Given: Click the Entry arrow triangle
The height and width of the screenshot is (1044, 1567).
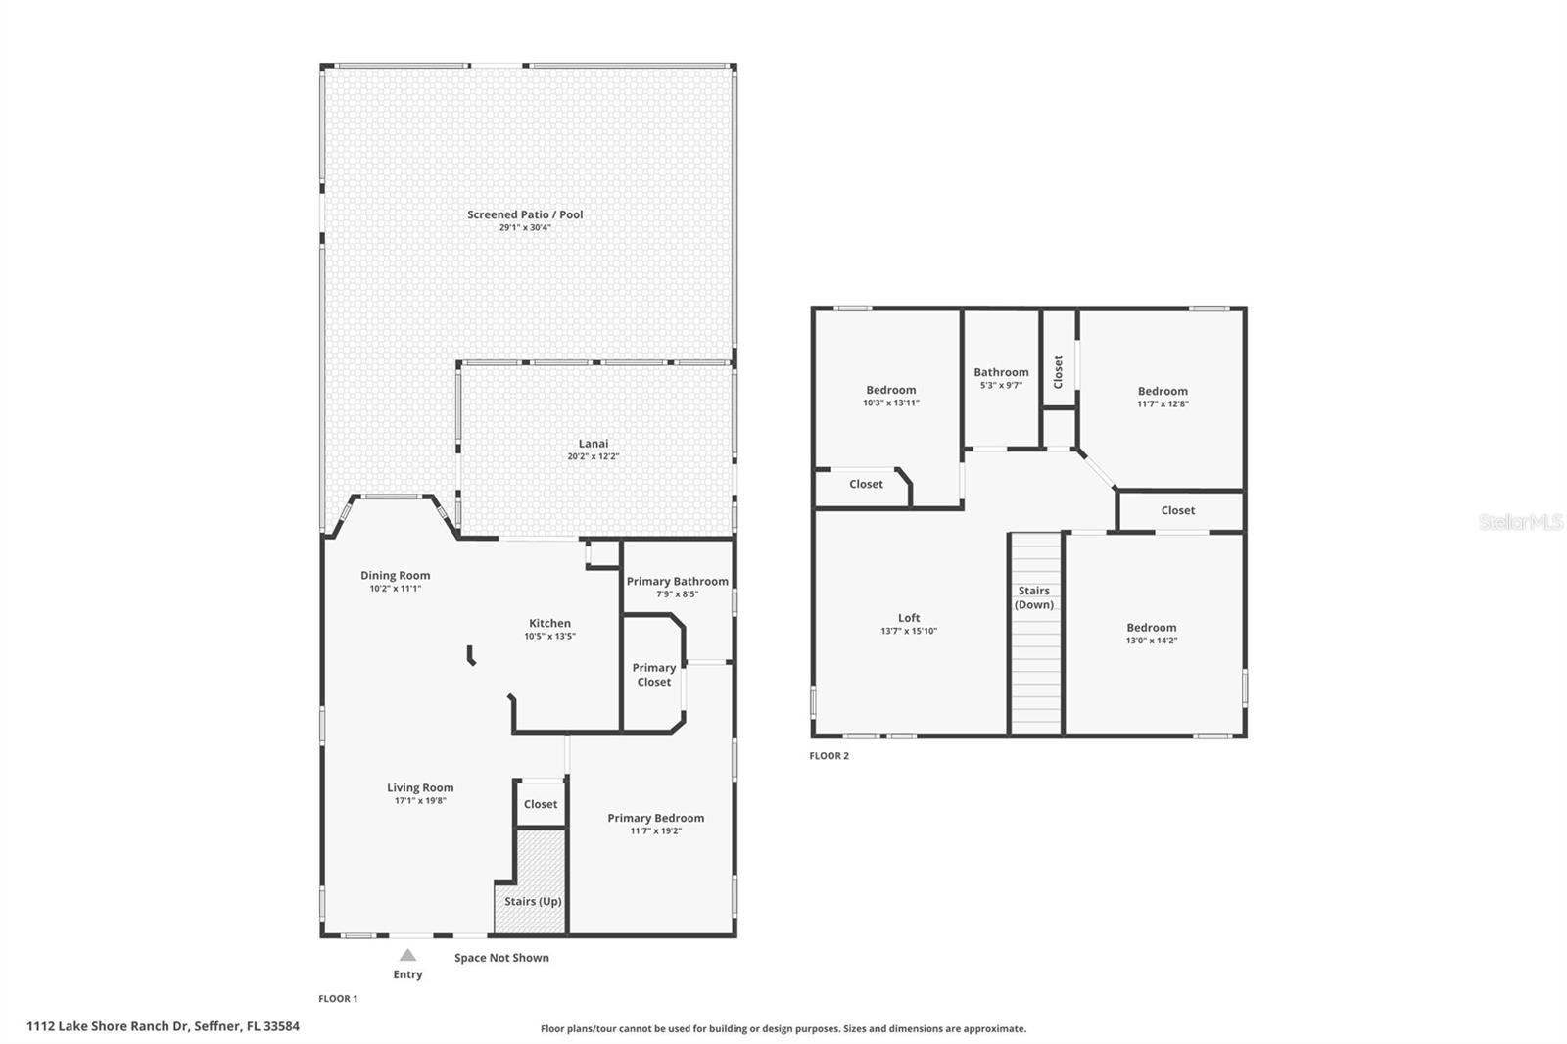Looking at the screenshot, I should (x=407, y=955).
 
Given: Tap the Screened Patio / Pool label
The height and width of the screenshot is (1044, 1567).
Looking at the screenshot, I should (x=525, y=214).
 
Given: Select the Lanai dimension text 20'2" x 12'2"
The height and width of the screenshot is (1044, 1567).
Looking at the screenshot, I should (x=594, y=456).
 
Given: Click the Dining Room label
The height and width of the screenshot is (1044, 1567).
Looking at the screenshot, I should (x=395, y=576).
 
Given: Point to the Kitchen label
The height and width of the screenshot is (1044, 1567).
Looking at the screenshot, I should (x=549, y=623).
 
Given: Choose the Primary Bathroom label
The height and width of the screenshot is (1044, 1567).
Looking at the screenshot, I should (x=677, y=581).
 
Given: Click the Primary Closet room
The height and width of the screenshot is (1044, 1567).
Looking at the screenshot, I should (x=653, y=675).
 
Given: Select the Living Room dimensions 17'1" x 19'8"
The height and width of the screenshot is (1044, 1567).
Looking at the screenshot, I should (x=420, y=801).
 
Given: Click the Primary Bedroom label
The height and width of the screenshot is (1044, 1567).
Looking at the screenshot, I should (x=655, y=818).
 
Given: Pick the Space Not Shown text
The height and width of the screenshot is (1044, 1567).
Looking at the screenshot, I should (x=501, y=958).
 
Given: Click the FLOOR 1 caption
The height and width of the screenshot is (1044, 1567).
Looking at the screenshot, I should (x=338, y=999).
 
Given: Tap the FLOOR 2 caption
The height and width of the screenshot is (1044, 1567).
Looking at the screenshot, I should (x=829, y=756).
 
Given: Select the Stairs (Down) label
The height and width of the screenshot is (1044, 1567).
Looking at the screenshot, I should (x=1034, y=597).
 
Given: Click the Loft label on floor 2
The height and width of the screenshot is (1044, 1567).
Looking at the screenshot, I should (x=909, y=618).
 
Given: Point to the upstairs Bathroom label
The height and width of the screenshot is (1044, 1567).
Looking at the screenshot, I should (x=1001, y=372).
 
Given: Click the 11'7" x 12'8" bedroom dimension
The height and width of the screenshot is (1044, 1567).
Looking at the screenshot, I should (x=1163, y=403).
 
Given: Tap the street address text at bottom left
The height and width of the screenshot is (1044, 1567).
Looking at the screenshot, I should (x=163, y=1026).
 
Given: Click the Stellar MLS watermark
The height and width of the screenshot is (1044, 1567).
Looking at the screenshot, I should (x=1520, y=523).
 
